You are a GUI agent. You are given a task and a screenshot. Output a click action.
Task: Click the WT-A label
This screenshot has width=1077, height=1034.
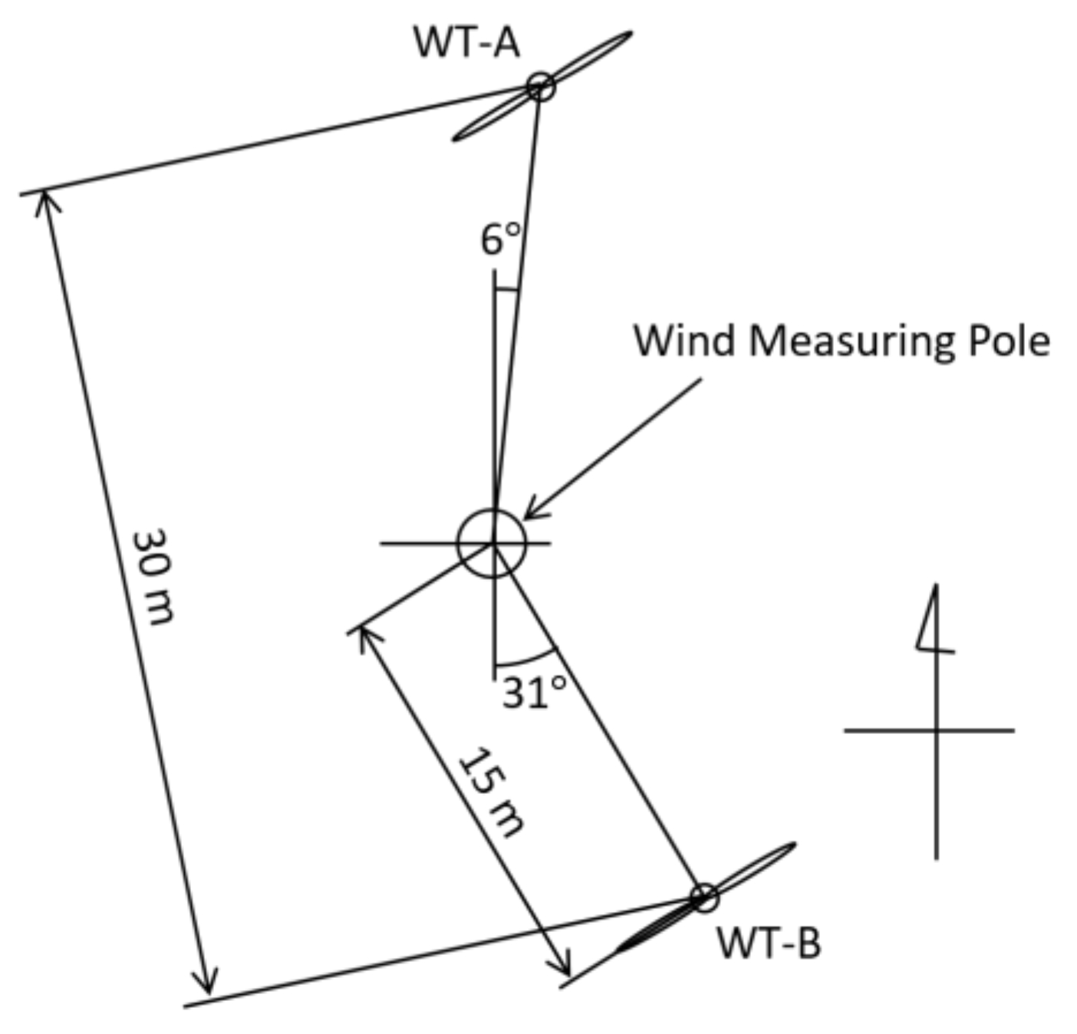(466, 42)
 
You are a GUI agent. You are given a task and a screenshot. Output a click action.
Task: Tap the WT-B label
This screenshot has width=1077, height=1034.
(769, 943)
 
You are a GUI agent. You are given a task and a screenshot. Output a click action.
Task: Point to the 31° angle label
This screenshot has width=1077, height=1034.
(535, 693)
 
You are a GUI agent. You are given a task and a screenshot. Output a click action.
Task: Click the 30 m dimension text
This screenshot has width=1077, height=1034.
(153, 576)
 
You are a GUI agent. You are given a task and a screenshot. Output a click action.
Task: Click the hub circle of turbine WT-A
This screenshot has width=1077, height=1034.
(541, 86)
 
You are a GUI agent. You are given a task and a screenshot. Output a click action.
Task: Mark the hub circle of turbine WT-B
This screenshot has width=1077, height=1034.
(703, 897)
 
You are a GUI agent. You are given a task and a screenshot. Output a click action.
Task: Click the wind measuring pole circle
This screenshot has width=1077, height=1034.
(492, 543)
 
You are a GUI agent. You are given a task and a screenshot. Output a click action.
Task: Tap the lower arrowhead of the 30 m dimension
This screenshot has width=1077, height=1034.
(206, 983)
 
